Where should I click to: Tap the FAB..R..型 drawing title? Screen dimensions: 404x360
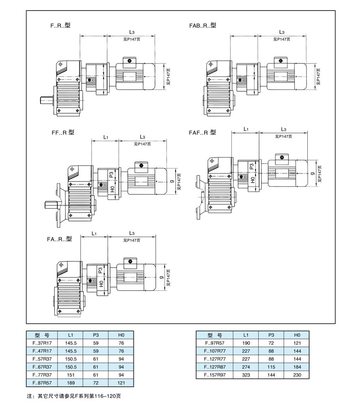coord(203,25)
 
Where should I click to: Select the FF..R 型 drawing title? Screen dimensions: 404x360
coord(64,132)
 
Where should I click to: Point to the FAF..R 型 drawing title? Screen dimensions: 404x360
coord(203,132)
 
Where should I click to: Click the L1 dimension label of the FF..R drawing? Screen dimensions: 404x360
coord(105,137)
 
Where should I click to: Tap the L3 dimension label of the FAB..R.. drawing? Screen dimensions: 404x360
coord(282,32)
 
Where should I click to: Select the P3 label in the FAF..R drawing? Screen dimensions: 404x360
coord(251,166)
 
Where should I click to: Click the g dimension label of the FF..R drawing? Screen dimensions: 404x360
coord(172,182)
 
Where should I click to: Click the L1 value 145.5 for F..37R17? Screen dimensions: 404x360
coord(71,343)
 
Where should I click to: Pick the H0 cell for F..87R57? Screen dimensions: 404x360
coord(121,382)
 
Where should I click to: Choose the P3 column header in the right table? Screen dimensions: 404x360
coord(271,336)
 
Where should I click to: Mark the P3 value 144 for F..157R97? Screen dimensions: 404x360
coord(271,375)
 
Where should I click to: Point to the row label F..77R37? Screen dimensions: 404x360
coord(42,374)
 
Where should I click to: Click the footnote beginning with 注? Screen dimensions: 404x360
coord(74,396)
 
